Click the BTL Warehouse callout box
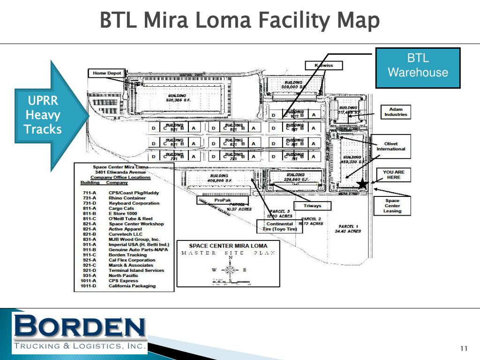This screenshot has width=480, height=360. [418, 67]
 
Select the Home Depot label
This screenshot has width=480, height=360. [107, 73]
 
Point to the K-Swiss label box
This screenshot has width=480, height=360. [323, 65]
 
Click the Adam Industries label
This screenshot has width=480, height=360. [396, 112]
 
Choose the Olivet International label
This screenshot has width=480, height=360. [391, 146]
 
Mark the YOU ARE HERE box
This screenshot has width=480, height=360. [393, 174]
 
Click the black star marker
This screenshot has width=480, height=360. [362, 184]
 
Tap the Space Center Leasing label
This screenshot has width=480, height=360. [392, 205]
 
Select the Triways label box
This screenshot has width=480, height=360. [312, 206]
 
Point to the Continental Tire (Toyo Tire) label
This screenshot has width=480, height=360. [280, 226]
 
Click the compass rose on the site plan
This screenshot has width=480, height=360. [230, 270]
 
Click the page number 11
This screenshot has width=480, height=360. [464, 348]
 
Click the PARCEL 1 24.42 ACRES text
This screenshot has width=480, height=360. [350, 229]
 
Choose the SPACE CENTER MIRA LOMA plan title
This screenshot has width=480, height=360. [228, 246]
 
